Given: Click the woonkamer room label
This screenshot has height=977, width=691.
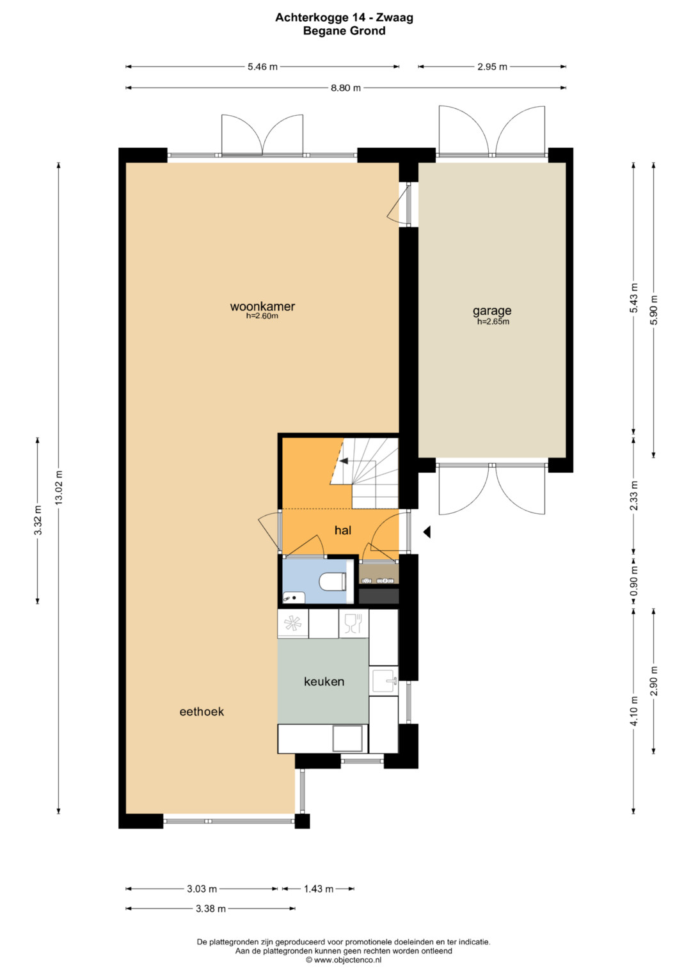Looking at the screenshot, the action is (262, 306).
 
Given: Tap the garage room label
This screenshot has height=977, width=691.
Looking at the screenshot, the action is (492, 312).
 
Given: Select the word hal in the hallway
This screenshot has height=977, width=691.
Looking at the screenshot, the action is (343, 530).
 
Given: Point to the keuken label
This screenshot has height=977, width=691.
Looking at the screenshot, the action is (324, 681).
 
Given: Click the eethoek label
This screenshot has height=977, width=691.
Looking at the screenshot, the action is (202, 711).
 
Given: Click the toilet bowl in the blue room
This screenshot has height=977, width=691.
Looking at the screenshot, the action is (333, 582).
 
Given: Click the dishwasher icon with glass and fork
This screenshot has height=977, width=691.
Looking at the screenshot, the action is (354, 623).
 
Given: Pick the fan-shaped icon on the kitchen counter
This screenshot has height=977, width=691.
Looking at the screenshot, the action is (293, 623).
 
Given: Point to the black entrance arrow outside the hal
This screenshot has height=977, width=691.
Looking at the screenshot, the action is (427, 532).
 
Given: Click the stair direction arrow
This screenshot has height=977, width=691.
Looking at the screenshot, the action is (344, 461).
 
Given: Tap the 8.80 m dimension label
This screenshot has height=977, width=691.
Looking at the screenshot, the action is (345, 88).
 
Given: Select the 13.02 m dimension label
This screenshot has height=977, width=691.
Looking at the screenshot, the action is (59, 487).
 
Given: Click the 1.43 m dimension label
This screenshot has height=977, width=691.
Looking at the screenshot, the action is (319, 889).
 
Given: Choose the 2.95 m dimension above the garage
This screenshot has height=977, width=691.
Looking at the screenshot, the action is (492, 67).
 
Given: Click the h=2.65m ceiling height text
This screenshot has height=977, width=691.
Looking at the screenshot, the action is (493, 322).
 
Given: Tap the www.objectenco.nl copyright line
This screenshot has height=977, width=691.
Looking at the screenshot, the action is (344, 960).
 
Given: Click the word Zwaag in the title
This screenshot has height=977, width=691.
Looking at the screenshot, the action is (395, 17).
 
